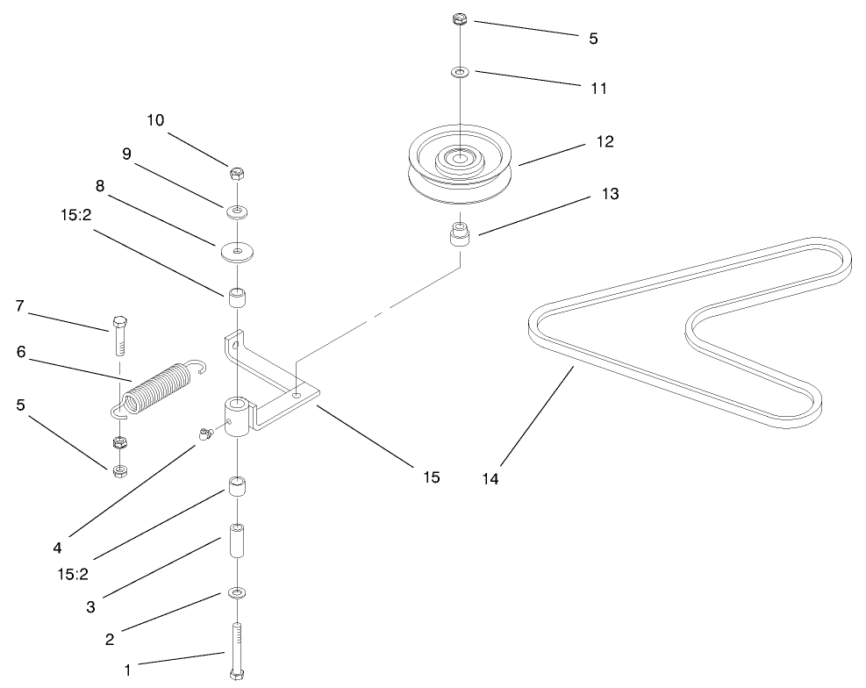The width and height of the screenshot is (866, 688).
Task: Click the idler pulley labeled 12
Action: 460,166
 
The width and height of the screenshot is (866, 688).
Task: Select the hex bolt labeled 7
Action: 119,336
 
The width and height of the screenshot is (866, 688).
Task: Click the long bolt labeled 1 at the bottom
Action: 237,651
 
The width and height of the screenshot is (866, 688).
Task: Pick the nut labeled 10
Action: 237,174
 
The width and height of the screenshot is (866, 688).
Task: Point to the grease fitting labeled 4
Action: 206,434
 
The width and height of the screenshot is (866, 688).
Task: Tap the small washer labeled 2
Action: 237,593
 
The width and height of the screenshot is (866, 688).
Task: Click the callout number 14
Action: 490,479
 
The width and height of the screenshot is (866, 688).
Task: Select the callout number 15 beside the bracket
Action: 432,477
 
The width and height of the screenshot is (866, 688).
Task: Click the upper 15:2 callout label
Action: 75,215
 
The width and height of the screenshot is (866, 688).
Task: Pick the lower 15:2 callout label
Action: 73,574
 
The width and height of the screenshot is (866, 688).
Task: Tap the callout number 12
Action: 605,141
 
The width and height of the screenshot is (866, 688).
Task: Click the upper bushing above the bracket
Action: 237,299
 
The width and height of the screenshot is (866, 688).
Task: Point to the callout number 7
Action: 20,305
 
